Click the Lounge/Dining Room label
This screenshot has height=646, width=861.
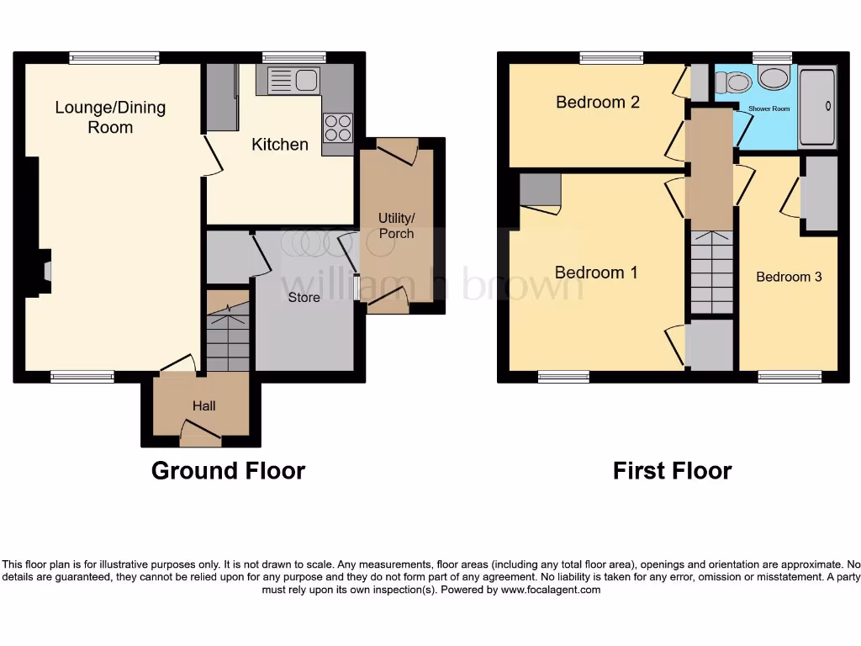(110, 117)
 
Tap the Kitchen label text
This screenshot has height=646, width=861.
(280, 145)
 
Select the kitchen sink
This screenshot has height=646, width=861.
(293, 82)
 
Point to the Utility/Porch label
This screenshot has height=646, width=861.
(396, 225)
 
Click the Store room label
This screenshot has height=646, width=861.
(304, 297)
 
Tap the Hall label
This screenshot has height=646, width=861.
(203, 405)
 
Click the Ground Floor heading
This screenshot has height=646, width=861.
(228, 470)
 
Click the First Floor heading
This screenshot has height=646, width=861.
(672, 470)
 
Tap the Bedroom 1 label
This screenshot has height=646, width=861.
(596, 273)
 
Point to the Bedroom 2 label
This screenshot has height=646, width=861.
(598, 102)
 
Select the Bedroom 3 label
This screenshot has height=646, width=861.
(789, 277)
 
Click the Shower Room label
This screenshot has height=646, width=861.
(769, 109)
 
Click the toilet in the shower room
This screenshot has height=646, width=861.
(733, 82)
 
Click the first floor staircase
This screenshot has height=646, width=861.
(711, 272)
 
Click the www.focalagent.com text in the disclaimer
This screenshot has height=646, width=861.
(550, 590)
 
